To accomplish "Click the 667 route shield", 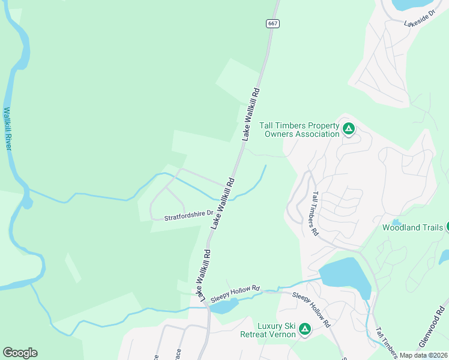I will [x=273, y=23].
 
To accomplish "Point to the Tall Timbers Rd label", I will [x=316, y=214].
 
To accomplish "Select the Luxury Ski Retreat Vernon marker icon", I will [x=305, y=329].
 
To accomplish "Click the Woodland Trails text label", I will [x=413, y=227].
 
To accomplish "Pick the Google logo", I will [x=20, y=353].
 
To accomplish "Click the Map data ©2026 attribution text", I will [x=424, y=355].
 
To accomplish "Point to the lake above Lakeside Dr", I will [x=414, y=4].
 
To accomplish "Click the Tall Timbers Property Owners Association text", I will [x=300, y=130].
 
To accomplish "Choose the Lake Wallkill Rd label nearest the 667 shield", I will [x=252, y=114].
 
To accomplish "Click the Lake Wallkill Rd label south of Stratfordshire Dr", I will [x=200, y=275].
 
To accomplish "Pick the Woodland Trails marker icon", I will [x=447, y=227].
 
